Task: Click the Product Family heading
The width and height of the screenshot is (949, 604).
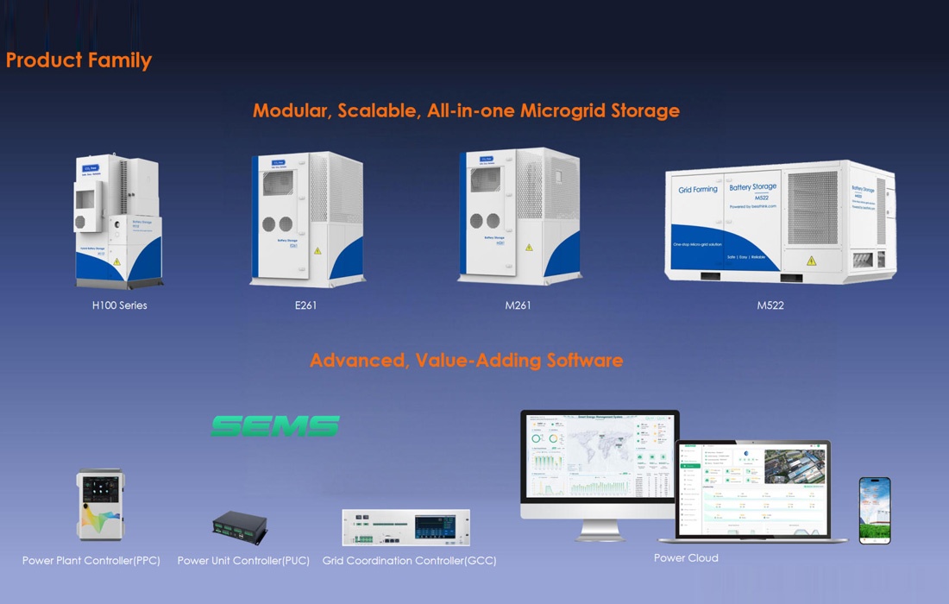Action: (x=79, y=60)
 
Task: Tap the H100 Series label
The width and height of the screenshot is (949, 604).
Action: (x=119, y=305)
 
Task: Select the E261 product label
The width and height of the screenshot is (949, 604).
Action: (x=305, y=305)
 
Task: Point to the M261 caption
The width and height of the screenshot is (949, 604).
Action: (x=518, y=305)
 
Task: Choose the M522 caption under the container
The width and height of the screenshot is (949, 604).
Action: (x=770, y=305)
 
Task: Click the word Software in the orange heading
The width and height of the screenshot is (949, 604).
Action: (x=584, y=360)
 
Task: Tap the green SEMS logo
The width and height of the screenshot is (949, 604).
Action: (x=275, y=425)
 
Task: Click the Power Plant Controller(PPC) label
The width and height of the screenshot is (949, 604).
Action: (x=91, y=561)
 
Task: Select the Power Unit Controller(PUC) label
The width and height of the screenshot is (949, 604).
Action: (x=243, y=561)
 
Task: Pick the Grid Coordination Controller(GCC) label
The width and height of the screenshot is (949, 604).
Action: (x=409, y=561)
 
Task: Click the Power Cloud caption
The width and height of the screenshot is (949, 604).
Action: (x=686, y=557)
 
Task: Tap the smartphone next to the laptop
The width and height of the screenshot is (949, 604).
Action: (x=875, y=510)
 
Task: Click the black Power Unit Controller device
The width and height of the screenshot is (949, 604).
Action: (x=240, y=525)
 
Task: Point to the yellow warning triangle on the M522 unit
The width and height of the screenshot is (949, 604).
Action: (x=811, y=261)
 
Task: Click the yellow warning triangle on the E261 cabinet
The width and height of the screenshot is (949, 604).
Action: (x=317, y=251)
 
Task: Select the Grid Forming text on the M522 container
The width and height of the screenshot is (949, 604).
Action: (x=698, y=190)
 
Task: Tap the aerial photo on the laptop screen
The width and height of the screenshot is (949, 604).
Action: (x=795, y=466)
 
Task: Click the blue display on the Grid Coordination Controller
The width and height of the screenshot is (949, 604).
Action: (x=436, y=526)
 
